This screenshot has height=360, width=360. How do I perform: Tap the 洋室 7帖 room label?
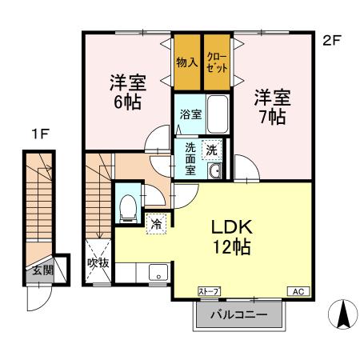270,107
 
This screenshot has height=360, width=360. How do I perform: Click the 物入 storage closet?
187,62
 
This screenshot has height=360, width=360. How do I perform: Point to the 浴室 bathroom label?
190,115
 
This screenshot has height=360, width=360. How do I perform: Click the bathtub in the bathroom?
218,115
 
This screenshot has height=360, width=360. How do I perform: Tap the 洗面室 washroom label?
190,159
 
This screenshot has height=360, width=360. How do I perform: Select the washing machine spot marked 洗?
212,149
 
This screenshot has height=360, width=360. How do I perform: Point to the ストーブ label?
209,290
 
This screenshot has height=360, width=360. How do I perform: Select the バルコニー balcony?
239,314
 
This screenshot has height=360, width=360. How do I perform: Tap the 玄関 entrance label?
42,270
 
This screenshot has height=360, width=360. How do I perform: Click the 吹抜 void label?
98,262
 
